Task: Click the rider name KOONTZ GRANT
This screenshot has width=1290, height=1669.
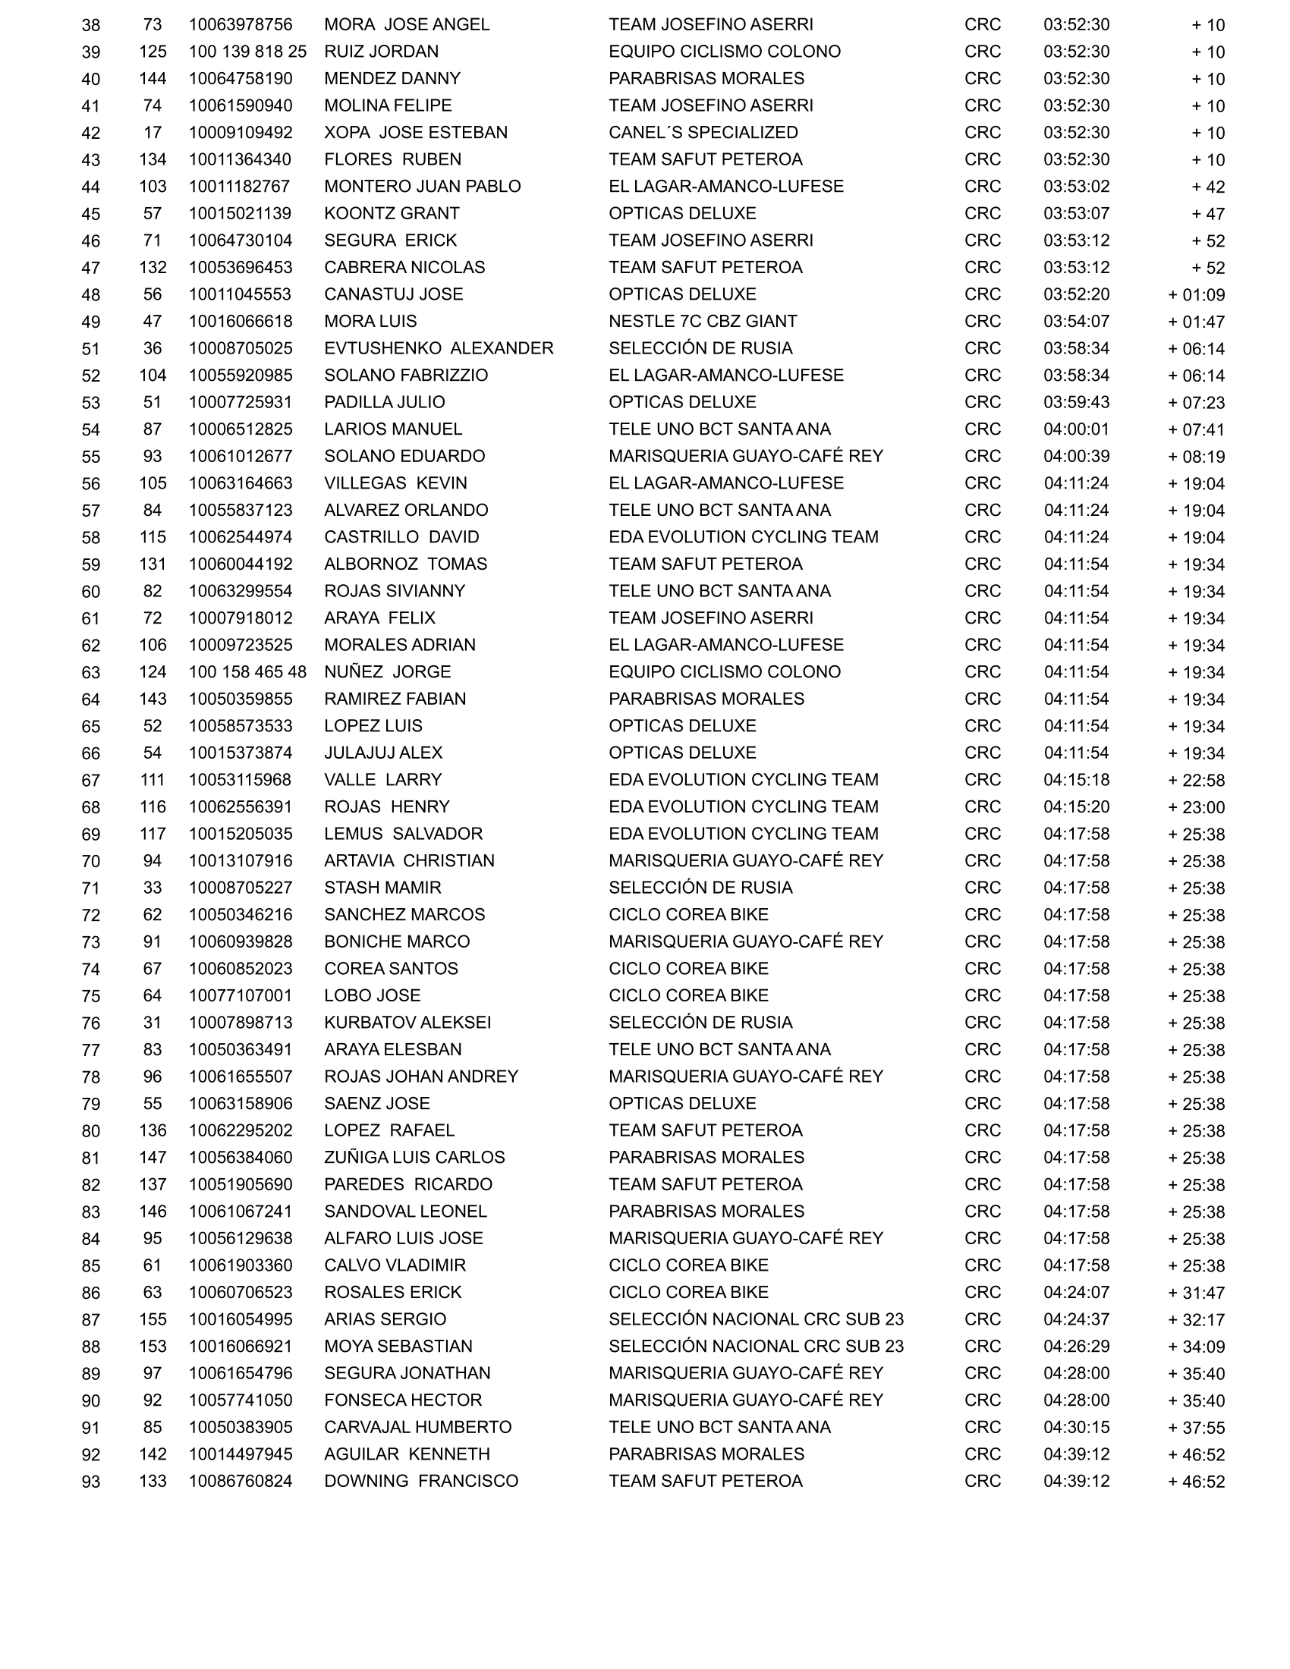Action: pos(392,214)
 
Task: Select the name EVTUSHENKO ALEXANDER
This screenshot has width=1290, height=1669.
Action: pos(438,348)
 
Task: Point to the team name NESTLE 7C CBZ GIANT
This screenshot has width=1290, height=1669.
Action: pos(703,322)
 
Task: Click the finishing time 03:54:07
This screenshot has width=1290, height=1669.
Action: pos(1076,322)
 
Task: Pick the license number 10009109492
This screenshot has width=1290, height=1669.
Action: pos(240,133)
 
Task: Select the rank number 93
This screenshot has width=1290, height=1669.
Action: pos(91,1482)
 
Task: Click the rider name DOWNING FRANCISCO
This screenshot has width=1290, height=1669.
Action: pos(420,1481)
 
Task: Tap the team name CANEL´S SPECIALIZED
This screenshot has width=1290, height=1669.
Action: pos(703,133)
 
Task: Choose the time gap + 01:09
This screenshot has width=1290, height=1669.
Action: pos(1196,295)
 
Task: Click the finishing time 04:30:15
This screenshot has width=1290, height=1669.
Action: pos(1076,1428)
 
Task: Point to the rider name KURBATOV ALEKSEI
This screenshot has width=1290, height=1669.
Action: pos(407,1023)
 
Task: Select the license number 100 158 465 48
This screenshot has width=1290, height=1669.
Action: pos(247,672)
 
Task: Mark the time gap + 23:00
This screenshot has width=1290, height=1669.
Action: pos(1196,808)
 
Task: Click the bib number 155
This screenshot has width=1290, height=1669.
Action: pos(152,1320)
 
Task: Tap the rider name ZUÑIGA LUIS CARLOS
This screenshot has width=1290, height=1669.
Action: pos(414,1158)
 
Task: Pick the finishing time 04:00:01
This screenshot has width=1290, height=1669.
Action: pos(1076,429)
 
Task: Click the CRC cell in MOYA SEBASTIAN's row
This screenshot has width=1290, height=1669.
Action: pos(982,1347)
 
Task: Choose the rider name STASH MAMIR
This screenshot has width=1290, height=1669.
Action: pos(382,888)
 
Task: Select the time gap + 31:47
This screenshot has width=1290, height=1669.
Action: pos(1196,1293)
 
